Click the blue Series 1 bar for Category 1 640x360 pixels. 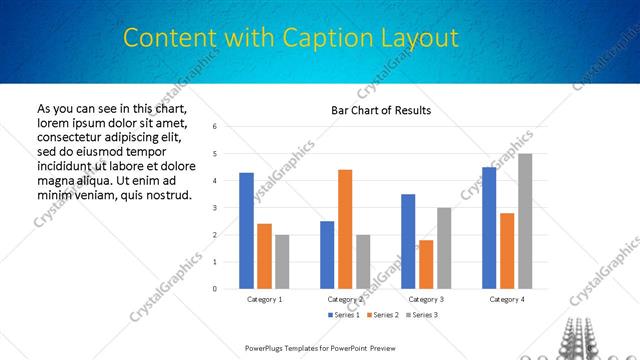246,231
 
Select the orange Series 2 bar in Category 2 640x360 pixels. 345,229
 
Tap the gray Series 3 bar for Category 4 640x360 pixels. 525,221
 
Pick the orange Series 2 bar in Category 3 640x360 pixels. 426,264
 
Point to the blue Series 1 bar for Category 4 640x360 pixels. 489,228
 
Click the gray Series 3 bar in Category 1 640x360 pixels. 282,262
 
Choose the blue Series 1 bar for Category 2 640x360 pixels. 327,255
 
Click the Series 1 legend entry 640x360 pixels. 345,315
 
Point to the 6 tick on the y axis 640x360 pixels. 214,127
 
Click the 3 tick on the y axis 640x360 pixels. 214,208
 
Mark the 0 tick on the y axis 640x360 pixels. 214,289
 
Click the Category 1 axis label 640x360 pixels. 264,299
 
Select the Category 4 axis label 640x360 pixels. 507,299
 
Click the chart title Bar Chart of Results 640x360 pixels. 381,110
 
